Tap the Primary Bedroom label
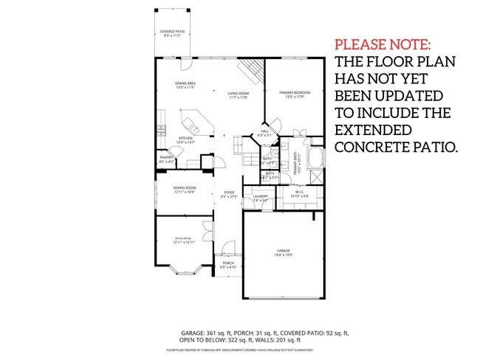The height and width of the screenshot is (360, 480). pyautogui.click(x=293, y=94)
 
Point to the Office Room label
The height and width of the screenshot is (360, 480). pyautogui.click(x=183, y=240)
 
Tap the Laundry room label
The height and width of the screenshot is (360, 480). pyautogui.click(x=260, y=198)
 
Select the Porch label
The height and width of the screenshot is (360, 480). pyautogui.click(x=228, y=264)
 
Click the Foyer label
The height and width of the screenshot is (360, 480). pyautogui.click(x=230, y=195)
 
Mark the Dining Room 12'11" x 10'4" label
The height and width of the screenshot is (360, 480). pyautogui.click(x=184, y=190)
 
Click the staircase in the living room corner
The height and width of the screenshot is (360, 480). pyautogui.click(x=250, y=74)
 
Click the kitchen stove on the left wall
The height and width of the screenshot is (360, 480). pyautogui.click(x=160, y=118)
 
